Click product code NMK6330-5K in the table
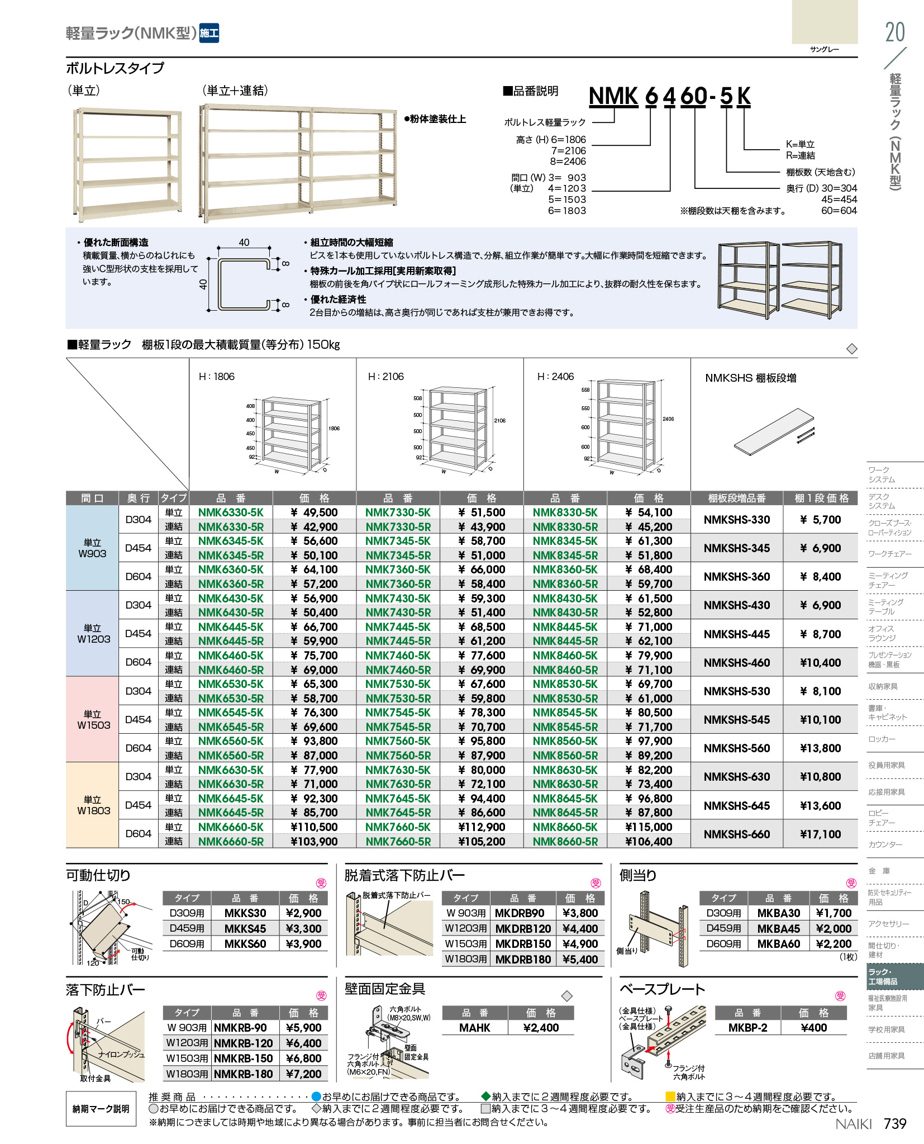tap(230, 512)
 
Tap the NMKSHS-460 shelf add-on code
tap(736, 663)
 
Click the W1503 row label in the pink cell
tap(93, 720)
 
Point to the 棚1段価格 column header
tap(821, 498)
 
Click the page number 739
tap(894, 1123)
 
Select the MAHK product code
tap(474, 1028)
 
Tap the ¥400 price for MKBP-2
tap(813, 1028)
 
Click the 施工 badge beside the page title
tap(209, 33)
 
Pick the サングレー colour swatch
tap(824, 22)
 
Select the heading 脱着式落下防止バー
tap(404, 875)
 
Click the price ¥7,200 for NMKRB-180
tap(303, 1074)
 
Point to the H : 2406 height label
tap(555, 377)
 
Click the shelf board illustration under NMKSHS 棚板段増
tap(774, 429)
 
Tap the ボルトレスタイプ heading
tap(115, 68)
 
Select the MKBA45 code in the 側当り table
tap(778, 928)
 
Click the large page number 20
tap(894, 32)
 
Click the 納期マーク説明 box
tap(101, 1109)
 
